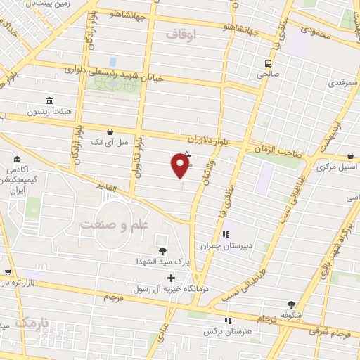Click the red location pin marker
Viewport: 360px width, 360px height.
point(181,166)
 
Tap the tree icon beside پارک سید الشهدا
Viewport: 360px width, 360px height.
point(163,251)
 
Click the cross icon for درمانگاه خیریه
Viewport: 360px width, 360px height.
point(171,278)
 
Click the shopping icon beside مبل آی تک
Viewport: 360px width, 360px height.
point(109,131)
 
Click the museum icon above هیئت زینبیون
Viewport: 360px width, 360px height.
point(49,101)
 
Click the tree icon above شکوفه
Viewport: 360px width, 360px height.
point(291,305)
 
